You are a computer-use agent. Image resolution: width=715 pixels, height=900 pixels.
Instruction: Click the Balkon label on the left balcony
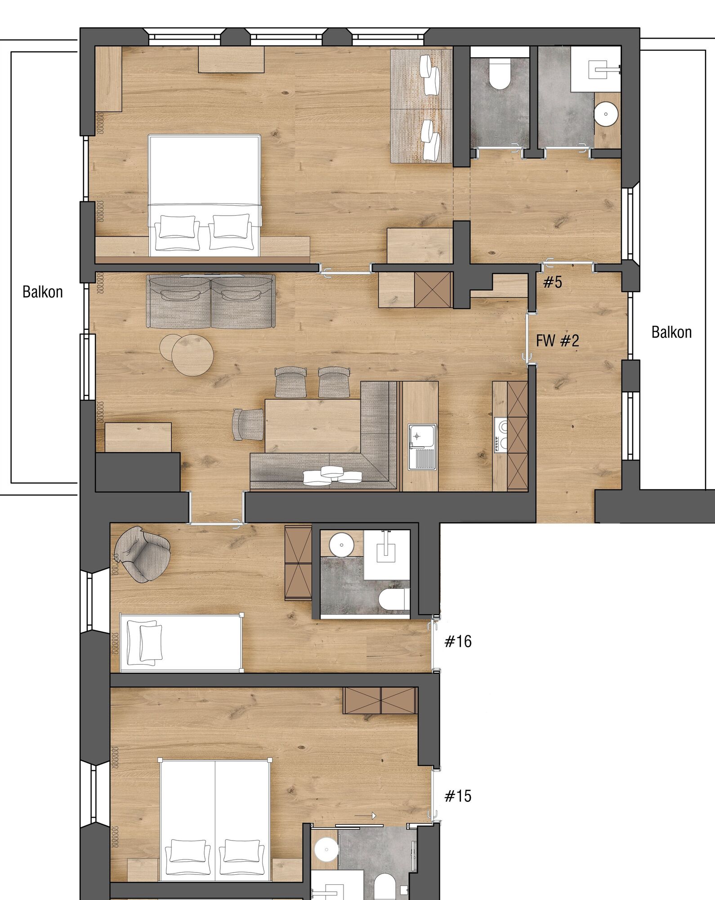[x=43, y=292]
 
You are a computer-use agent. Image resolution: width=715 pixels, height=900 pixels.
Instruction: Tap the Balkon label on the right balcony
[x=671, y=333]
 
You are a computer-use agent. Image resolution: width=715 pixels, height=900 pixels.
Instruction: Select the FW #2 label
[x=558, y=341]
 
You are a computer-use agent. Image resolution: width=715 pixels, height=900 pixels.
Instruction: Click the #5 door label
[x=553, y=282]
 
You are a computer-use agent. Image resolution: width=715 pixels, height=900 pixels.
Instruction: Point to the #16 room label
[x=458, y=641]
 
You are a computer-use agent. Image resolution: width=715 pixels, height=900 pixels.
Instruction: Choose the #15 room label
[x=458, y=796]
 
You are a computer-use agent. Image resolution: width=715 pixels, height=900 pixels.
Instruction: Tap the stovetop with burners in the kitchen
[x=500, y=434]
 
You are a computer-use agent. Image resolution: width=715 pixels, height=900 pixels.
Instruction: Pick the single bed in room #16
[x=181, y=642]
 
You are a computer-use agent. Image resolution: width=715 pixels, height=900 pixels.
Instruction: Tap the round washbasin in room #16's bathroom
[x=342, y=545]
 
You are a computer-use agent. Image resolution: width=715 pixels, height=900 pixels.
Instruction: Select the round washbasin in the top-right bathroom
[x=606, y=114]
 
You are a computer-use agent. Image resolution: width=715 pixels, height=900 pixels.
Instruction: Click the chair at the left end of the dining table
[x=248, y=424]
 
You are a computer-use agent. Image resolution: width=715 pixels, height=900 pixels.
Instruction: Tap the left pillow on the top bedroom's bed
[x=178, y=226]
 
